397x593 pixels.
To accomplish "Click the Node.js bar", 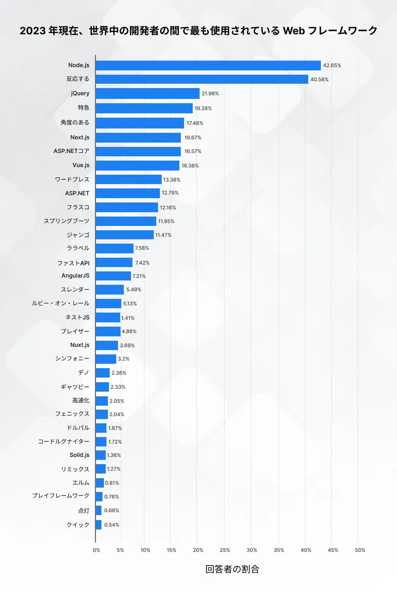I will coord(208,65).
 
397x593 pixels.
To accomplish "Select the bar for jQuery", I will coord(148,93).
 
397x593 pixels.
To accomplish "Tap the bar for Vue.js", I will coord(138,166).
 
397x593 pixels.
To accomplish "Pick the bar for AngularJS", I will coord(113,276).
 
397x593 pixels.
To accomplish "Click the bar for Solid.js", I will coord(101,455).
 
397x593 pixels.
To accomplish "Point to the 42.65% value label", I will coord(332,65).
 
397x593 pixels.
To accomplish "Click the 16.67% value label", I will coord(193,138).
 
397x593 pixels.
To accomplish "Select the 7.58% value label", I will coord(142,248).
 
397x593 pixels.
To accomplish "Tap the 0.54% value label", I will coord(112,525).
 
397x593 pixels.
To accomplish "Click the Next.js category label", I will coord(80,137).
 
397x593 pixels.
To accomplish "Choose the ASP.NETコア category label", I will coord(71,151).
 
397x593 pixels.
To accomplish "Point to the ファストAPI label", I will coord(73,263).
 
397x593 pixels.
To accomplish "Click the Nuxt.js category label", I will coord(80,345).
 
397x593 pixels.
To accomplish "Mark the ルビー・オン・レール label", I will coord(61,303).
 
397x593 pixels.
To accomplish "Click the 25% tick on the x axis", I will coord(225,550).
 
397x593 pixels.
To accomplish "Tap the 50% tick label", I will coord(360,550).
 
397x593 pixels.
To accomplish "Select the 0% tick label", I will coord(96,550).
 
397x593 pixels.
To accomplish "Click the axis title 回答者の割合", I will coord(232,569).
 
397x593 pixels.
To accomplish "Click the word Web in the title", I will coord(294,31).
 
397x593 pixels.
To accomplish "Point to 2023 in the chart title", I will coord(32,31).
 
